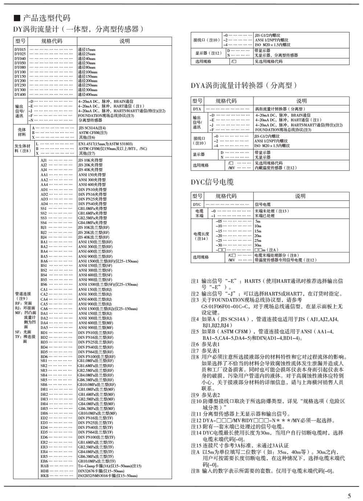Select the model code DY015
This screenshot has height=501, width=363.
pyautogui.click(x=20, y=49)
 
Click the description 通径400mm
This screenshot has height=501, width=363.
pyautogui.click(x=87, y=94)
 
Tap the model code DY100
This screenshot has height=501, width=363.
pyautogui.click(x=20, y=72)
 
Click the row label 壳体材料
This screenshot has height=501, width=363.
pyautogui.click(x=22, y=132)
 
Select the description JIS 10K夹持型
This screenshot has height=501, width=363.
pyautogui.click(x=90, y=160)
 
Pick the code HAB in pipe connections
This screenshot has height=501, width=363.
pyautogui.click(x=44, y=466)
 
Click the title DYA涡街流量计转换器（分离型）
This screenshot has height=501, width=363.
pyautogui.click(x=244, y=85)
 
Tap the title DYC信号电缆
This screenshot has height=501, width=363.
pyautogui.click(x=212, y=182)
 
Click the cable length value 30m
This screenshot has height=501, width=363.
pyautogui.click(x=258, y=245)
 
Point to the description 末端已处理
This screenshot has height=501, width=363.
pyautogui.click(x=265, y=216)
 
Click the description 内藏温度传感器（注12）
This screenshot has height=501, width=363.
pyautogui.click(x=276, y=168)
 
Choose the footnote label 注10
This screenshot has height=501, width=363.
pyautogui.click(x=196, y=401)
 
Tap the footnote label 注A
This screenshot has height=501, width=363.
pyautogui.click(x=195, y=452)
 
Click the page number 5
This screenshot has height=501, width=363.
pyautogui.click(x=349, y=496)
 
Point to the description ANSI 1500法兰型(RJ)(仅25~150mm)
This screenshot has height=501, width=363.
pyautogui.click(x=108, y=309)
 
